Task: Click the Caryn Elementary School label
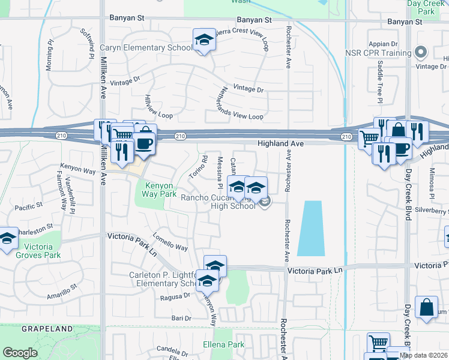pos(146,47)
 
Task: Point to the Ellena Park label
pos(223,344)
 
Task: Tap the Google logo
pos(20,353)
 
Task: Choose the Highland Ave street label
pos(280,144)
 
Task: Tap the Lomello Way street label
pos(170,242)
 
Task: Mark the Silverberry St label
pos(433,211)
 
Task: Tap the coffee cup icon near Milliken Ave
pos(144,143)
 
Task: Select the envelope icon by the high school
pos(265,204)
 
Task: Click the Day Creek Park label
pos(428,7)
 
